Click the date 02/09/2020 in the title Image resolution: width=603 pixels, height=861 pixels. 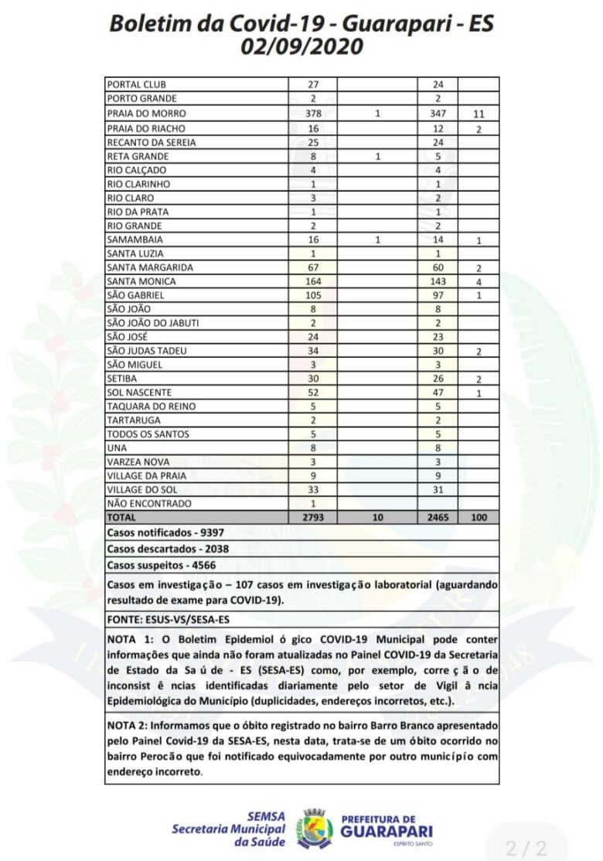pyautogui.click(x=301, y=47)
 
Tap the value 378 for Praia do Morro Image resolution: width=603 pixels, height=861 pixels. pyautogui.click(x=312, y=114)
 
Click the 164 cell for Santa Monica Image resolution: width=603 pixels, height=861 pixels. pyautogui.click(x=312, y=281)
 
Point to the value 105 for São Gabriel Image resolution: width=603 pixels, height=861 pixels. pyautogui.click(x=312, y=295)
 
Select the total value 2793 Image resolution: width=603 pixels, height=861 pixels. pyautogui.click(x=312, y=518)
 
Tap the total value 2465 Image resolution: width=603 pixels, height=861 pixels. pyautogui.click(x=438, y=518)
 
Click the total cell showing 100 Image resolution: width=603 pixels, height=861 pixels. pyautogui.click(x=479, y=518)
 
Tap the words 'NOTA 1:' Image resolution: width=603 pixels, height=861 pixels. pyautogui.click(x=128, y=641)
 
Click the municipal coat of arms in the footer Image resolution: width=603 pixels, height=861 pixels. pyautogui.click(x=316, y=827)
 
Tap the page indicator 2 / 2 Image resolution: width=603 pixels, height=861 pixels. pyautogui.click(x=526, y=847)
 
